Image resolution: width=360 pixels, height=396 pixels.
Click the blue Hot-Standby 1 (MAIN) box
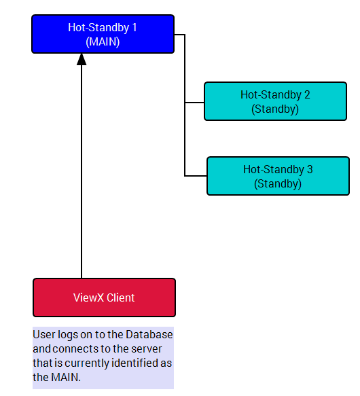coord(103,34)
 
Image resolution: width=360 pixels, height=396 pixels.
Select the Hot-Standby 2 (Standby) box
coord(275,101)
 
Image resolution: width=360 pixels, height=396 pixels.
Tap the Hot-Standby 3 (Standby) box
coord(278,176)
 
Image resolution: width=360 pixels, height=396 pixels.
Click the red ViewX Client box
coord(104,298)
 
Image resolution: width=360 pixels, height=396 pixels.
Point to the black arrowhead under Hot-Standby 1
coord(82,59)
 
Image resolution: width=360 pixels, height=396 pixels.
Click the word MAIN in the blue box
coord(103,41)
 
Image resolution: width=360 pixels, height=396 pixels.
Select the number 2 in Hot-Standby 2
coord(307,94)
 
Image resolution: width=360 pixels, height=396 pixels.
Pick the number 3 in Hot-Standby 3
coord(310,169)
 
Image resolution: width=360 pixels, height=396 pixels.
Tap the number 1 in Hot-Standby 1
coord(134,28)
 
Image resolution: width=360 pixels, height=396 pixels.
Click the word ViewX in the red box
coord(88,298)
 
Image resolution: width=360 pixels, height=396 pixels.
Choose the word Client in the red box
coord(121,298)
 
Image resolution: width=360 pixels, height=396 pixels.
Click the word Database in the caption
coord(149,334)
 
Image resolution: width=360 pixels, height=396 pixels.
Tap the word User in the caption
coord(44,334)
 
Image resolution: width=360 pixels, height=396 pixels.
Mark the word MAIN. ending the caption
coord(66,377)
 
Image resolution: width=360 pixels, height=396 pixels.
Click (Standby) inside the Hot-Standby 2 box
coord(275,109)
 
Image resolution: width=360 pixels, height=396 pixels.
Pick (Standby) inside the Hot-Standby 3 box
coord(278,184)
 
